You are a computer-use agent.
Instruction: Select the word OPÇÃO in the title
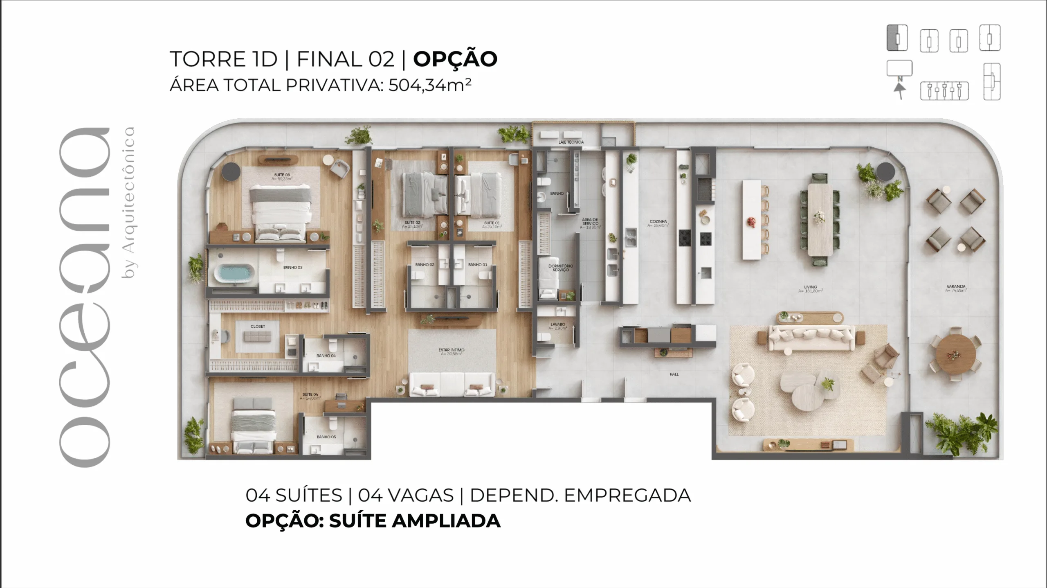[x=455, y=59]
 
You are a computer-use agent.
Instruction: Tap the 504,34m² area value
[x=429, y=85]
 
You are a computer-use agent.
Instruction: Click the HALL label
[x=674, y=374]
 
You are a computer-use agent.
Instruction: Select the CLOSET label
[x=258, y=327]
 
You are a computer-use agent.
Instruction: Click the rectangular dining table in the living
[x=820, y=219]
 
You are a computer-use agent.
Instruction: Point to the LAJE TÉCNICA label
[x=571, y=142]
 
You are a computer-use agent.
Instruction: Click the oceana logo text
[x=85, y=297]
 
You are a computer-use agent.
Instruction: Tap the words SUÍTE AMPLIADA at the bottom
[x=414, y=521]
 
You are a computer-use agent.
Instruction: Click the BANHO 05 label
[x=326, y=437]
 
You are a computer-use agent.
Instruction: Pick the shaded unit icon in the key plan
[x=897, y=38]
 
